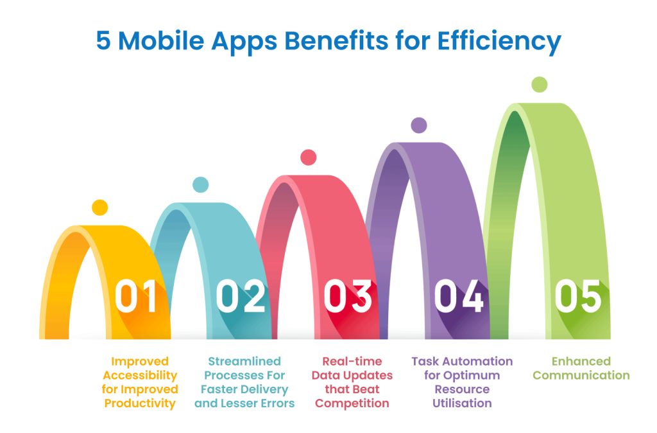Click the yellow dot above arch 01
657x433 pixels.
[99, 208]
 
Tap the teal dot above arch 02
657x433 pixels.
[201, 184]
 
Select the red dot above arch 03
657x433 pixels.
[309, 157]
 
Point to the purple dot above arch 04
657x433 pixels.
[418, 125]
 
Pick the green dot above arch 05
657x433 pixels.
[540, 84]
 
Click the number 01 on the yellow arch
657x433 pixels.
[136, 296]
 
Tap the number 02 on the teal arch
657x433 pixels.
[241, 296]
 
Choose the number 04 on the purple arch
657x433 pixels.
[458, 296]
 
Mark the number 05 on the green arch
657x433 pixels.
[578, 296]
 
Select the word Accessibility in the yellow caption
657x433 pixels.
[139, 375]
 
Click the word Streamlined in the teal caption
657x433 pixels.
[244, 361]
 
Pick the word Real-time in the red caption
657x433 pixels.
[352, 361]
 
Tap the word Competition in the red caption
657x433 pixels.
[352, 403]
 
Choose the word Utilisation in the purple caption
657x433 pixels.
[462, 403]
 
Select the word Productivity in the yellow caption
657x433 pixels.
[139, 403]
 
